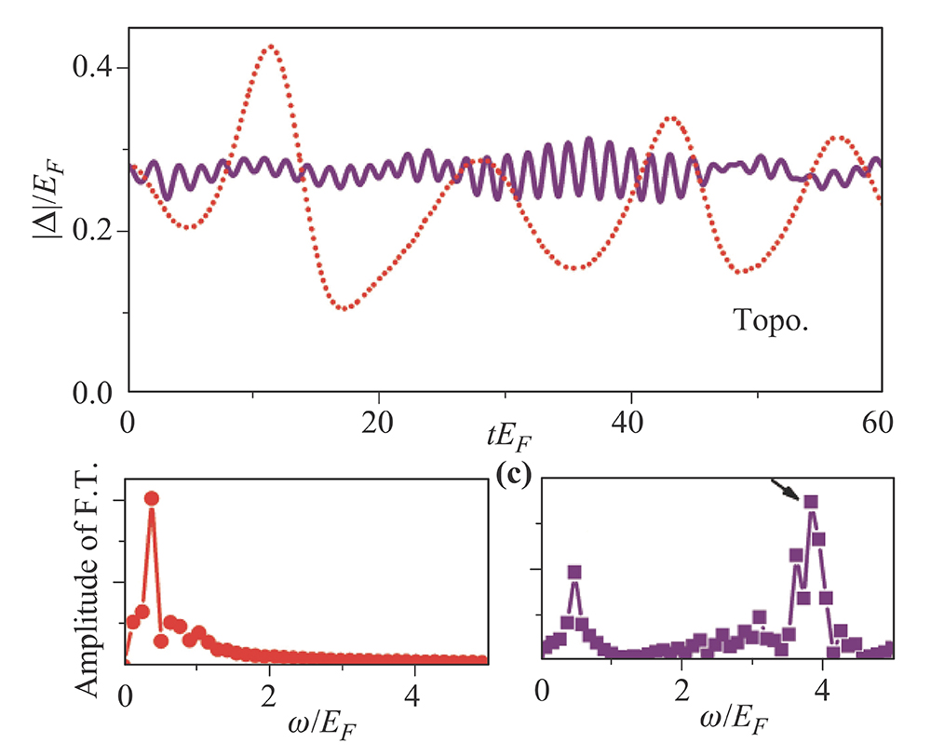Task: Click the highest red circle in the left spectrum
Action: [152, 498]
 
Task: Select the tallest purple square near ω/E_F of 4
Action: [811, 502]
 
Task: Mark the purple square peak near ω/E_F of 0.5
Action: [574, 572]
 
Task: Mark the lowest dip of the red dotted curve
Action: [345, 307]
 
